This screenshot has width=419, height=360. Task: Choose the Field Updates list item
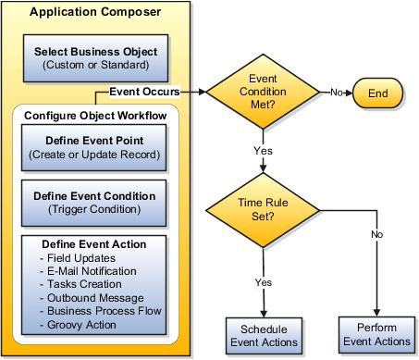(x=80, y=258)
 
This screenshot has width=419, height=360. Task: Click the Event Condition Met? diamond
(x=264, y=93)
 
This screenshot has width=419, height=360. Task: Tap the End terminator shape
(x=376, y=93)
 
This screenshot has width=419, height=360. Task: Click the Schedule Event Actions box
(x=264, y=335)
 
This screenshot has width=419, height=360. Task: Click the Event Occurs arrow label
(x=143, y=92)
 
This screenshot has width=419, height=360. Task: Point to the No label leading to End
(x=338, y=93)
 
